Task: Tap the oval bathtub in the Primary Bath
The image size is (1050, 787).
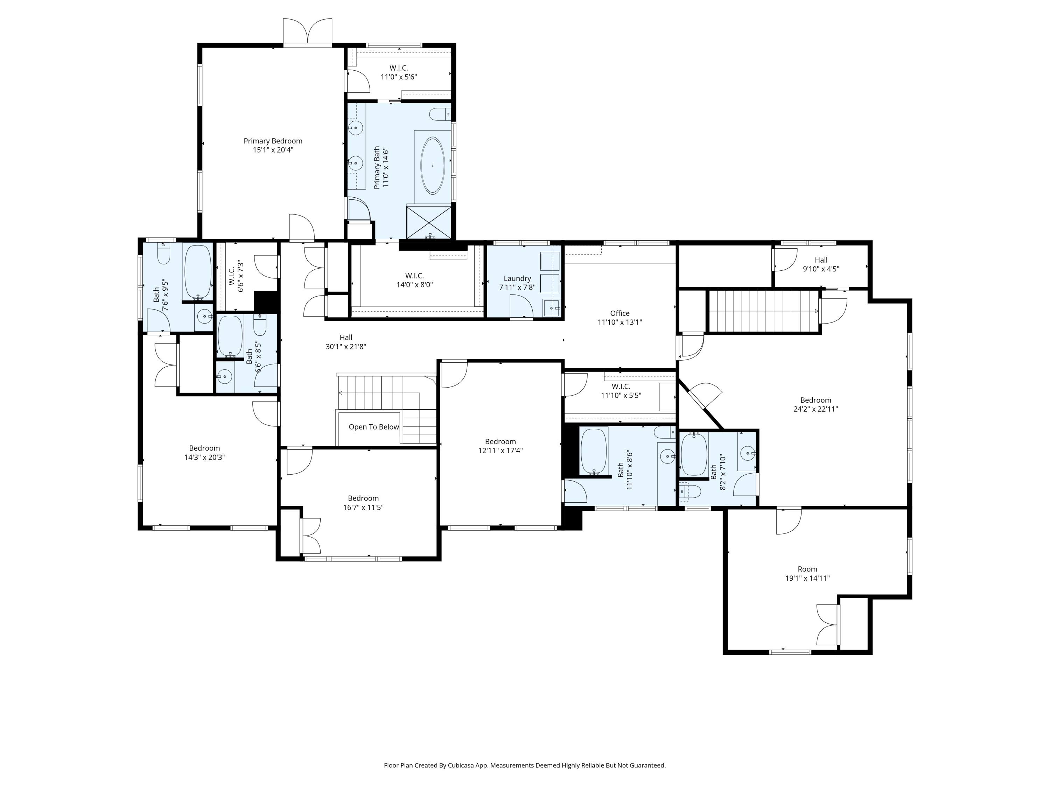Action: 433,165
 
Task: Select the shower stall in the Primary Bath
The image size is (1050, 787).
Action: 429,222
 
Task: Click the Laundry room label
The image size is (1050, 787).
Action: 517,278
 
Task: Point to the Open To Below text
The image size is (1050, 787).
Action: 373,427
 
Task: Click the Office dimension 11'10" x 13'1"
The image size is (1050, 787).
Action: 619,322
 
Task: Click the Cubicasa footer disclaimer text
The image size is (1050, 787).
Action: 525,765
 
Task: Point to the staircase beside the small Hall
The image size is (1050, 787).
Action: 763,311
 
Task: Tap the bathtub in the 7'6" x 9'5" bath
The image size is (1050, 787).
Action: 197,272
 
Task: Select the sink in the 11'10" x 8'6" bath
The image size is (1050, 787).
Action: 667,456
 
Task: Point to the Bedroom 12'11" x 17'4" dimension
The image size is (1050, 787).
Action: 500,451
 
